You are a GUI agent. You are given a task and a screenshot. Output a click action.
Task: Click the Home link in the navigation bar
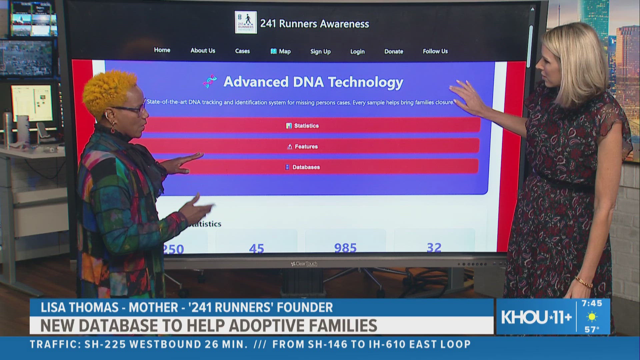[162, 50]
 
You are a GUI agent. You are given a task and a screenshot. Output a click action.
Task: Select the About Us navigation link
[203, 51]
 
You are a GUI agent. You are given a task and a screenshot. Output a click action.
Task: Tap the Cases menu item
[242, 51]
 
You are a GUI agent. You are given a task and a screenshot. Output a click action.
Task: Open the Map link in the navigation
[281, 51]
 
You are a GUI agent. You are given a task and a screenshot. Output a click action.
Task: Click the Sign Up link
[320, 51]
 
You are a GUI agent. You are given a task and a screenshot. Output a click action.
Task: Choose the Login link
[357, 52]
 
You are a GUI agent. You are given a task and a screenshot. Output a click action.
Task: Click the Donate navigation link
[394, 51]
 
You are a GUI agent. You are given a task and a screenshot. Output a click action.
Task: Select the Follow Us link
[435, 51]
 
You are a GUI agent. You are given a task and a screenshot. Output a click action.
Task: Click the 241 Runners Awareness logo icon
[246, 22]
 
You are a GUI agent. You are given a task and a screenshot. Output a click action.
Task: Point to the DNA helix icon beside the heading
[210, 81]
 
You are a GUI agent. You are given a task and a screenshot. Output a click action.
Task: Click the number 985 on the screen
[345, 248]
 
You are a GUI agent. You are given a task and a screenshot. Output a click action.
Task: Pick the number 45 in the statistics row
[256, 249]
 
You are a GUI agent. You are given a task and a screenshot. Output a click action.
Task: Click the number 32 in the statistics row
[434, 248]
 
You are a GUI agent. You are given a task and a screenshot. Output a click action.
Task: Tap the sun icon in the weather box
[592, 317]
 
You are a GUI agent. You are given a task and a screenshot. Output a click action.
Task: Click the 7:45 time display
[592, 303]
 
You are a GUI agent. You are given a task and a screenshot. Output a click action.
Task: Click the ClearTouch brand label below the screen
[304, 264]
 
